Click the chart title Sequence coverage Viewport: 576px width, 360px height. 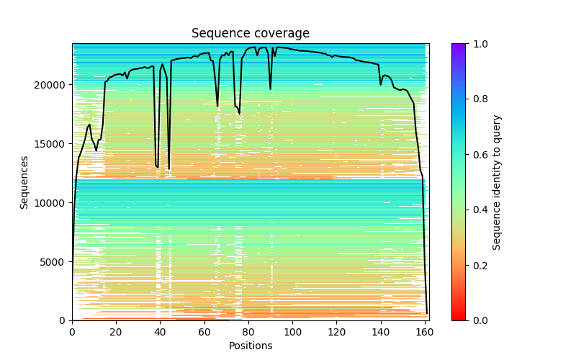pyautogui.click(x=251, y=33)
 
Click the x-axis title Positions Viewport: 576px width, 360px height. pyautogui.click(x=251, y=346)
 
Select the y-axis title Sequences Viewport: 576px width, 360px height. pyautogui.click(x=24, y=182)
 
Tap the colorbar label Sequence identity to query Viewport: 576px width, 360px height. pyautogui.click(x=497, y=182)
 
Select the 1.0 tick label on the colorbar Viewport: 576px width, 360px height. pyautogui.click(x=477, y=44)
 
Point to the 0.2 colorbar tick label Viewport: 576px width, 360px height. pyautogui.click(x=477, y=265)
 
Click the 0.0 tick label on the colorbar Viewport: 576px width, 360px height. pyautogui.click(x=477, y=320)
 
